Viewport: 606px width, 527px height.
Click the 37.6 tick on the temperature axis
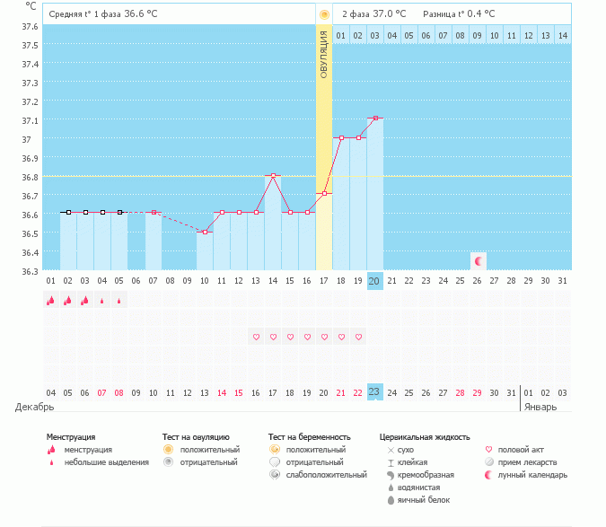30,27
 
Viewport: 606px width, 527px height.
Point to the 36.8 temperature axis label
30,177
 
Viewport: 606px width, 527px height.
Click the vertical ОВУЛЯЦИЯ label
324,54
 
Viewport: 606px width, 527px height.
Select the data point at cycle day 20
375,118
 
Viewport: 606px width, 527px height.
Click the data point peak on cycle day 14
273,175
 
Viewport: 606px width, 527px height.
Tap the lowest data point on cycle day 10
205,232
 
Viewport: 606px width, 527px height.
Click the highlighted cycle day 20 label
375,281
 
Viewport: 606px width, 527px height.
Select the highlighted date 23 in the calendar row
375,392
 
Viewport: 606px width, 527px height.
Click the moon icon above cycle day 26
479,260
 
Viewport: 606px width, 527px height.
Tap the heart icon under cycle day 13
256,337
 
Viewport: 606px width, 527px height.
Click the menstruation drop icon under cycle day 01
51,302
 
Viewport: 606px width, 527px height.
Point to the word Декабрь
35,407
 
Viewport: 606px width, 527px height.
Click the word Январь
540,407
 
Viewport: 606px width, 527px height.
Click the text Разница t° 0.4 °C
461,13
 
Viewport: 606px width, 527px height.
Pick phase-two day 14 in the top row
562,35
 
